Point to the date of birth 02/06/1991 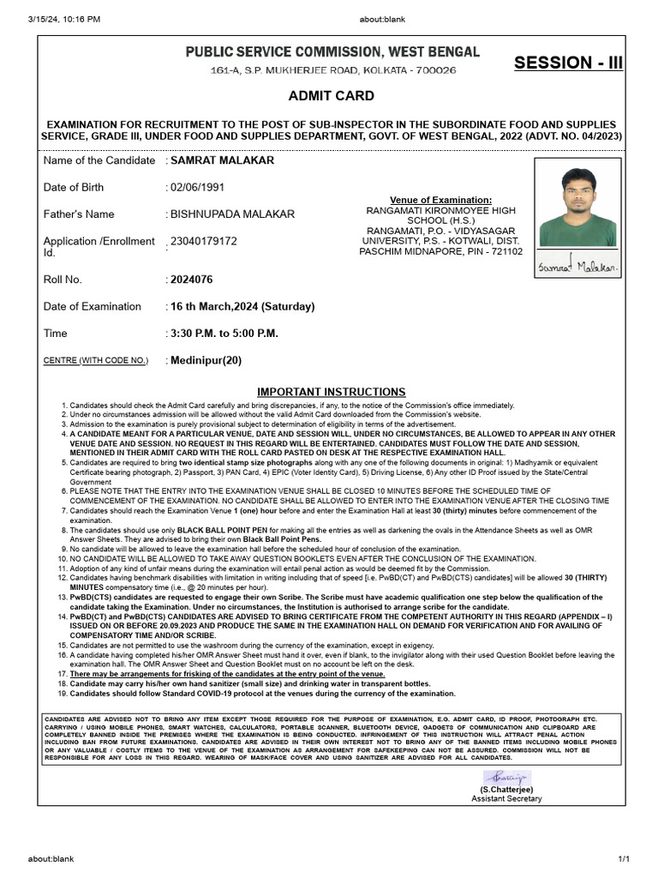tap(197, 187)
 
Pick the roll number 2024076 tap(192, 280)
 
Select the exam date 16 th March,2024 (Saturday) tap(242, 306)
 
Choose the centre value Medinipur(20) tap(206, 360)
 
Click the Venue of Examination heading tap(440, 200)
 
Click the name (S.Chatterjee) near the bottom tap(506, 788)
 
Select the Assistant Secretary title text tap(506, 798)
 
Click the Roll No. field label tap(63, 280)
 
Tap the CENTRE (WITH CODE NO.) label tap(95, 361)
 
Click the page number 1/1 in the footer tap(623, 858)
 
